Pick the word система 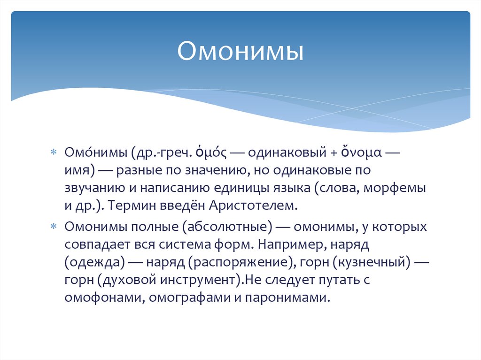[x=195, y=245]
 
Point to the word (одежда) [x=94, y=262]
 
